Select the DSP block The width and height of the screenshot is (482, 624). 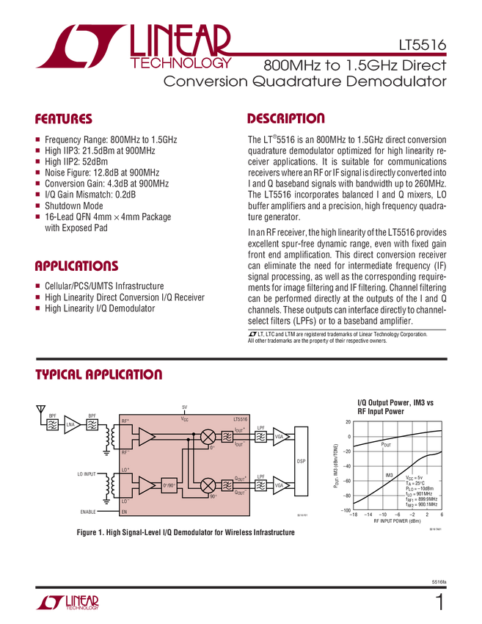301,461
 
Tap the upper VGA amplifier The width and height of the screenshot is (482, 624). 280,437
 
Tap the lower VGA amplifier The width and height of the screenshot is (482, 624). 280,485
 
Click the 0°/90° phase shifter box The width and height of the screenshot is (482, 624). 171,485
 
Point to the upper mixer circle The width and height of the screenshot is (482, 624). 207,437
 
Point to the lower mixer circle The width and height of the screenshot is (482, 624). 207,485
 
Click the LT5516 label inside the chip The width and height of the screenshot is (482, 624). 240,418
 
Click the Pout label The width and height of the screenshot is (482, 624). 387,445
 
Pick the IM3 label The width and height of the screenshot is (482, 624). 389,475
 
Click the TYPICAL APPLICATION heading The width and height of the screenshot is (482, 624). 98,374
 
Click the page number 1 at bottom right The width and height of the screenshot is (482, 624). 439,604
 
